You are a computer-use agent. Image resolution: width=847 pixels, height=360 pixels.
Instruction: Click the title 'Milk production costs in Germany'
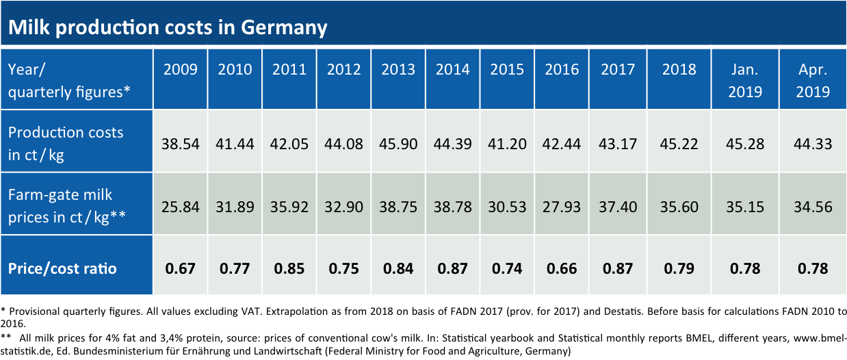pos(168,27)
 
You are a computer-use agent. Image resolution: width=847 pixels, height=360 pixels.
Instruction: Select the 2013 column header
pos(398,70)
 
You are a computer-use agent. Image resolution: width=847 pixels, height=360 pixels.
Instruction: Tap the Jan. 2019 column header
pos(745,81)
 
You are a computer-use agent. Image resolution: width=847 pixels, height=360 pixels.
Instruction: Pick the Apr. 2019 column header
pos(813,81)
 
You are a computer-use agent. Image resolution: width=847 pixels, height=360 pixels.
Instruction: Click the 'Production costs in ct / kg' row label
pos(66,144)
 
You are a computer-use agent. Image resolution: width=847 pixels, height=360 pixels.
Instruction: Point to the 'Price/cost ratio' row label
pos(62,268)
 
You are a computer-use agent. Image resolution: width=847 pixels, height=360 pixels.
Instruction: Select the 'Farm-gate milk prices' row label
pos(67,206)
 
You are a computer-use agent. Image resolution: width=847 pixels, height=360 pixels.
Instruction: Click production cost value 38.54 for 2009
pos(181,144)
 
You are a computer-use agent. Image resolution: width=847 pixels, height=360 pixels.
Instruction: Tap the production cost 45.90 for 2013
pos(398,144)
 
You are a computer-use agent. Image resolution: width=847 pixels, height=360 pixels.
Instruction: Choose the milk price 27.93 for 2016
pos(562,207)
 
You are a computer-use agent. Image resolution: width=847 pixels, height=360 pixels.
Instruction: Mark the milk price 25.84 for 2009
pos(181,207)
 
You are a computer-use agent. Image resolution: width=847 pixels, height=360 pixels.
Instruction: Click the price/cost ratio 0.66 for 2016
pos(562,269)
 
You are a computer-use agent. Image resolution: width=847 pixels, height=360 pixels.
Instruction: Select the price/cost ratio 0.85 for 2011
pos(289,269)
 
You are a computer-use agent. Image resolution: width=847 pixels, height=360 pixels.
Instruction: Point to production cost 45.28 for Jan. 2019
pos(745,144)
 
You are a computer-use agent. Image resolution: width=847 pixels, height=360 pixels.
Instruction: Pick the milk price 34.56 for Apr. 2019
pos(813,207)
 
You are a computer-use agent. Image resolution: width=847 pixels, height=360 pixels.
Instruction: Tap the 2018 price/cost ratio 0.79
pos(679,269)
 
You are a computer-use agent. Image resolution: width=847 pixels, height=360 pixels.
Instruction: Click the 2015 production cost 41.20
pos(507,144)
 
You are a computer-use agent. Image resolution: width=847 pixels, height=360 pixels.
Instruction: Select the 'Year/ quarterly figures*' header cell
pos(69,81)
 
